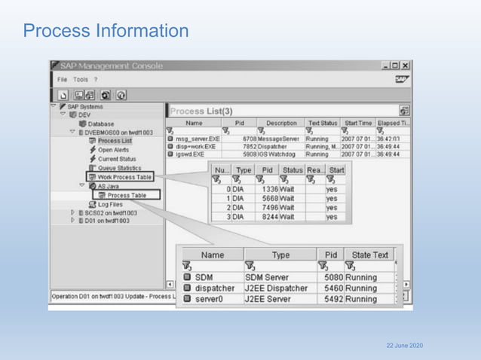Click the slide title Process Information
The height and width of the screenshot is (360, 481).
point(106,31)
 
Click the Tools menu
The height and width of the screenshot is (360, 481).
point(81,79)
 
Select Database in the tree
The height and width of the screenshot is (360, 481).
point(95,124)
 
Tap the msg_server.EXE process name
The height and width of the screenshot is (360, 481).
point(198,139)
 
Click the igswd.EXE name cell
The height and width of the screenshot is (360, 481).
point(192,154)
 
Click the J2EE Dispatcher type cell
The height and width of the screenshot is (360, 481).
point(280,287)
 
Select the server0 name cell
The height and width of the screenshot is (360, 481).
point(211,300)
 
